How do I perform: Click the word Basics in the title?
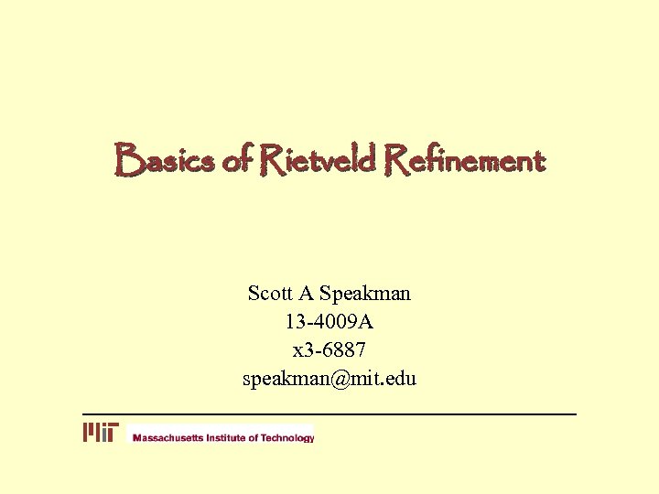[164, 162]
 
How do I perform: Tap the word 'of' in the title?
[235, 162]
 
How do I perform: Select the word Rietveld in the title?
[318, 162]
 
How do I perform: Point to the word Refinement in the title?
[466, 162]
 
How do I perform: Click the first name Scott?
[269, 294]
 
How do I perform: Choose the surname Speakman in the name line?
[365, 295]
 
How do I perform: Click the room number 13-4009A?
[329, 322]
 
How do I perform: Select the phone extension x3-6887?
[329, 349]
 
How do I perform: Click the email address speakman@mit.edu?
[329, 378]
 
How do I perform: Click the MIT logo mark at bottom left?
[101, 433]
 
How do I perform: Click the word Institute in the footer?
[227, 438]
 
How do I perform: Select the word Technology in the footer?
[287, 438]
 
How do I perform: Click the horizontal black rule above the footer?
[329, 414]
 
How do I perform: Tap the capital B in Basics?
[127, 162]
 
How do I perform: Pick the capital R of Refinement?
[399, 162]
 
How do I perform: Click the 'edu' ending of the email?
[401, 378]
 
